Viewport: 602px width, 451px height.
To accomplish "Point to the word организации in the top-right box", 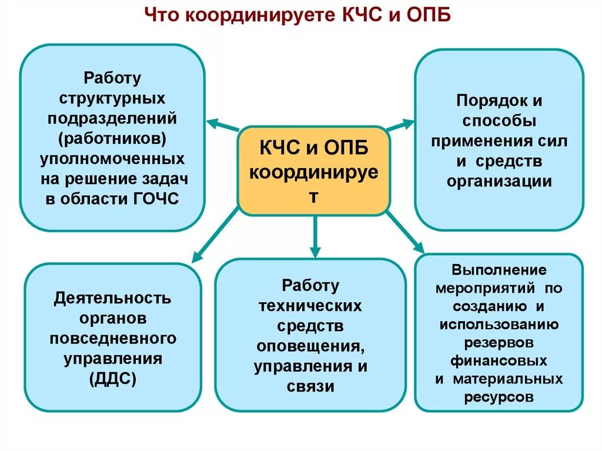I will click(499, 181).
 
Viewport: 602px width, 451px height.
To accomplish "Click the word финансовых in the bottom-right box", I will click(499, 360).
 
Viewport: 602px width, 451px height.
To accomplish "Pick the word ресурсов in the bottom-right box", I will click(499, 397).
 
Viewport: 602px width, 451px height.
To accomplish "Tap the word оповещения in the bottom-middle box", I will click(310, 346).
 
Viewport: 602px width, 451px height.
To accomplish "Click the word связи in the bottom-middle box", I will click(310, 386).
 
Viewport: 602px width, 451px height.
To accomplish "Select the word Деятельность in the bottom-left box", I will click(113, 298).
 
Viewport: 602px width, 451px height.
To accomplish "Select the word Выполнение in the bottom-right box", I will click(499, 270).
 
